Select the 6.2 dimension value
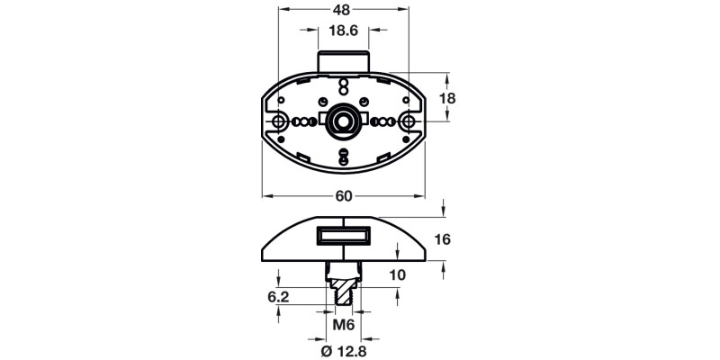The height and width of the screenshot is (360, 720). point(277,294)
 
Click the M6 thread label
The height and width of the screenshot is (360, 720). point(343,324)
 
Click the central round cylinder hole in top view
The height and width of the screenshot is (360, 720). point(343,121)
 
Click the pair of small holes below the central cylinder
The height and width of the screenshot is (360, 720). point(343,157)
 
